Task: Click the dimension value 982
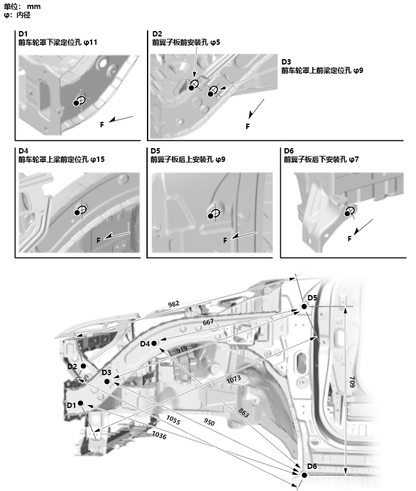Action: click(x=173, y=304)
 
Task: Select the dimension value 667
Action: click(x=208, y=322)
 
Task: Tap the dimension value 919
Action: click(x=182, y=349)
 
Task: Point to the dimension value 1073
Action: click(x=234, y=379)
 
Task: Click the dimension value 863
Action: click(x=244, y=412)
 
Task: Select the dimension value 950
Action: click(x=209, y=422)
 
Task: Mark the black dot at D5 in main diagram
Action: click(x=304, y=306)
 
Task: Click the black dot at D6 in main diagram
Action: click(x=304, y=475)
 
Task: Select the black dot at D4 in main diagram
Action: click(x=154, y=343)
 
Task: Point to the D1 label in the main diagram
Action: click(x=72, y=405)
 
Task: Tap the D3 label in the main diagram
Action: click(x=106, y=372)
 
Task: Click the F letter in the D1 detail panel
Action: click(x=102, y=124)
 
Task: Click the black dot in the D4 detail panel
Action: click(x=79, y=212)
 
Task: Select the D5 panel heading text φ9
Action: click(x=219, y=159)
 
